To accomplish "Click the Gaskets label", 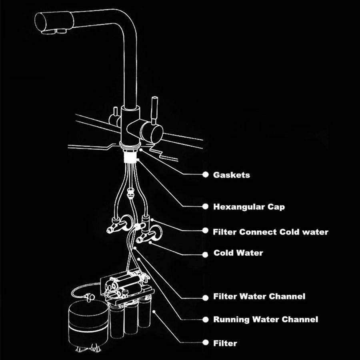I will click(232, 175).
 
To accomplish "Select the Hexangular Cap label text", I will click(249, 207).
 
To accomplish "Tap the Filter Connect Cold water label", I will click(271, 232).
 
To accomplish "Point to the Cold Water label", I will click(238, 253).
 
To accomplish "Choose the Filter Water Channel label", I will click(259, 296).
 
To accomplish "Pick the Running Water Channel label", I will click(266, 320).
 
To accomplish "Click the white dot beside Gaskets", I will click(206, 175).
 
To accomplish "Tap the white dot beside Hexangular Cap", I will click(206, 207).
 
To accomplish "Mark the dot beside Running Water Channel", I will click(206, 320).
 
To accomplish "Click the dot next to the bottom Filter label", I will click(206, 343).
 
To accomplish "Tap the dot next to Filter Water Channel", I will click(206, 297).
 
